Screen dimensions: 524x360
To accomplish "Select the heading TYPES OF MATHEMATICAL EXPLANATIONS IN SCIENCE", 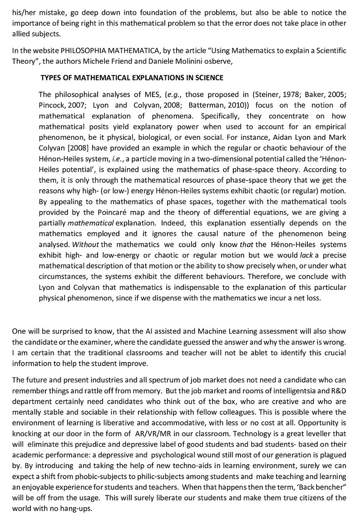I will [x=132, y=78].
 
